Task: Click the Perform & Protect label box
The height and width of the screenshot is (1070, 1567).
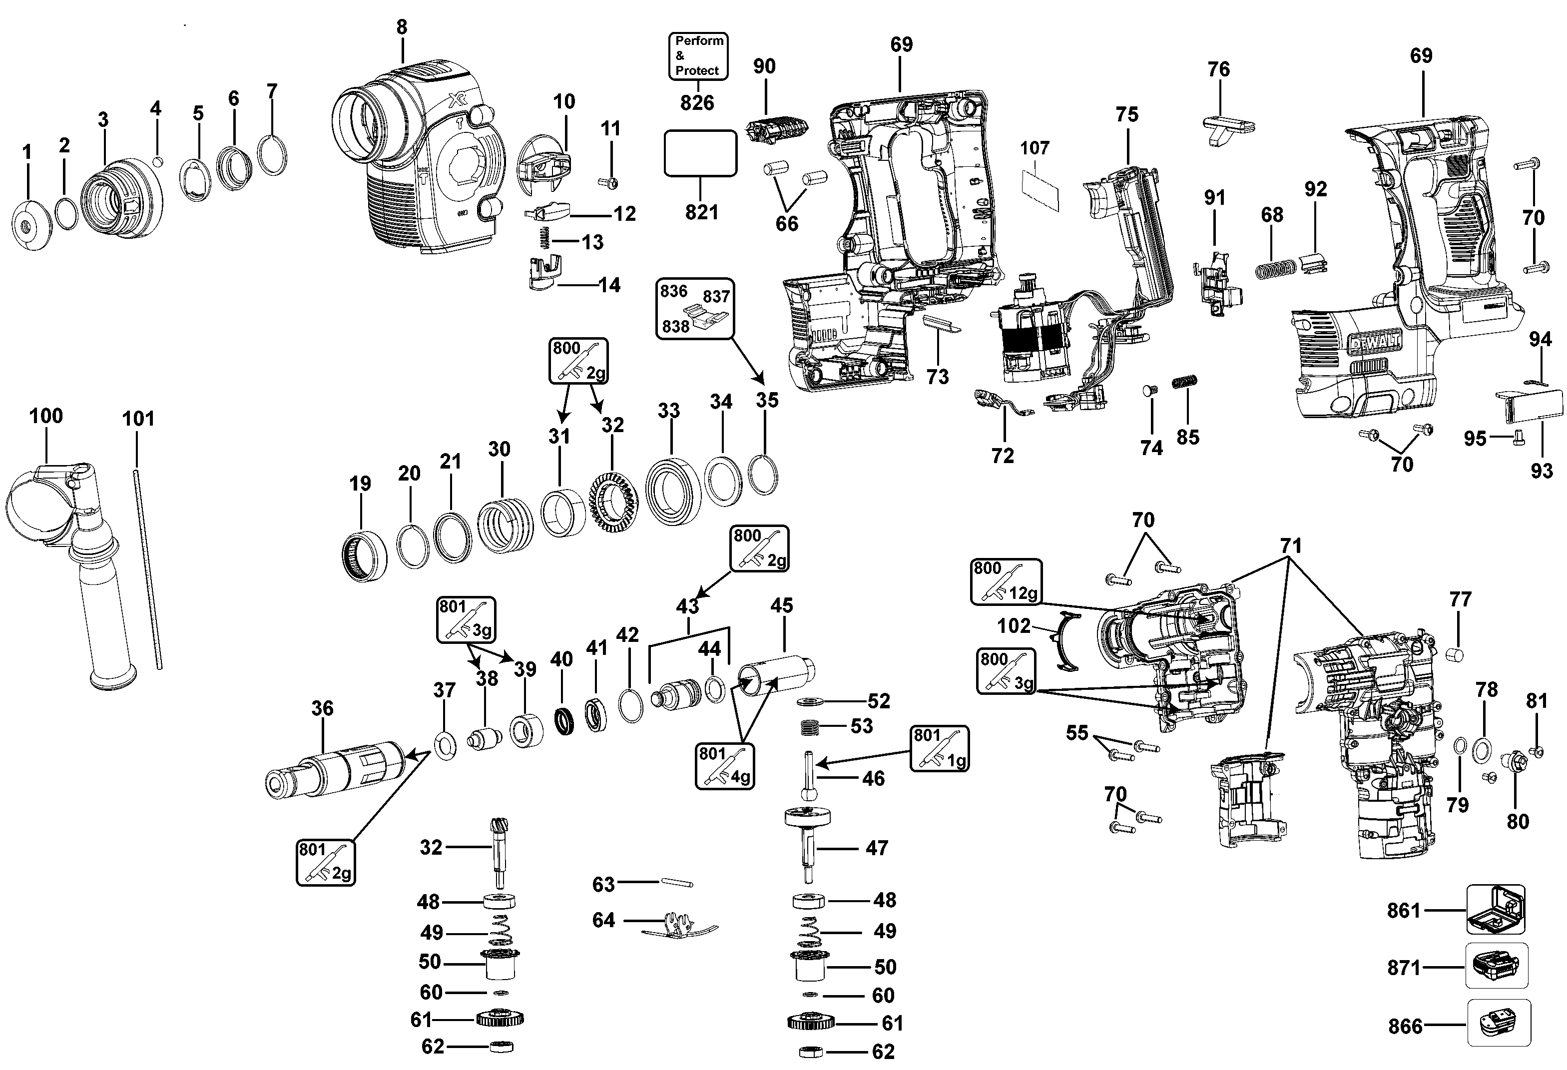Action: coord(698,56)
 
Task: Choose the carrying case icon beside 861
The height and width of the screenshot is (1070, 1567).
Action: coord(1496,910)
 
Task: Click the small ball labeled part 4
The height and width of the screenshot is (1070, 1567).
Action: coord(158,161)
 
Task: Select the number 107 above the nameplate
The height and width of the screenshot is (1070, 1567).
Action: coord(1035,148)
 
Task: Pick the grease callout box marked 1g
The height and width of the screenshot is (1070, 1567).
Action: coord(939,748)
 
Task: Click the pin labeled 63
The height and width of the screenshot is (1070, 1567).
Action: coord(676,883)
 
